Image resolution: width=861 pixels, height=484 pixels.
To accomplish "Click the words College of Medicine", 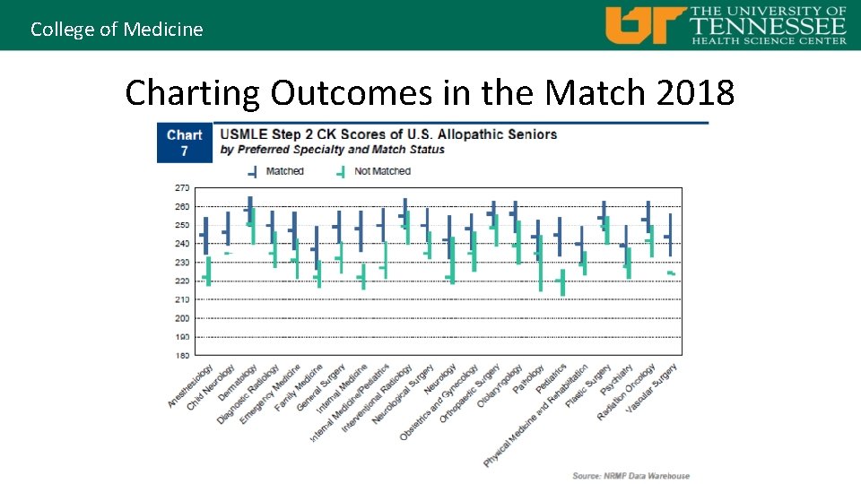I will (x=117, y=29).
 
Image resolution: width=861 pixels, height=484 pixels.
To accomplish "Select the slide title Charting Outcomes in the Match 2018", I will (x=430, y=92).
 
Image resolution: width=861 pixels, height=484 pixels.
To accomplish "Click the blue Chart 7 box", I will (x=184, y=143).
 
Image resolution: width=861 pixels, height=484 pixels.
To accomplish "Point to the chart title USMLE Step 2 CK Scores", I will (x=388, y=134).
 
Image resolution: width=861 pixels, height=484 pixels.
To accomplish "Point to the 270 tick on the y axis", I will (x=182, y=188).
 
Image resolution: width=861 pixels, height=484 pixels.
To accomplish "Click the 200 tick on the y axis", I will (x=182, y=318).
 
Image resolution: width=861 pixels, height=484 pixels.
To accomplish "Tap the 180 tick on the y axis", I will (x=182, y=356).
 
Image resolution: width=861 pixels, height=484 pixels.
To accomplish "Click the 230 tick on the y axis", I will (x=182, y=263).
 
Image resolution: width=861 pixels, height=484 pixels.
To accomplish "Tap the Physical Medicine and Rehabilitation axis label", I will (x=535, y=416).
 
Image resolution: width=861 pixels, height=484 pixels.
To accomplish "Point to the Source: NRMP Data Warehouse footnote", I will (x=631, y=476).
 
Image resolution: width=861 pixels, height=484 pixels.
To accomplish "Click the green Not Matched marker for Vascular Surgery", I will (x=671, y=273).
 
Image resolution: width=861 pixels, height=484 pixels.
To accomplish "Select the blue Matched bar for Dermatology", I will (x=250, y=210).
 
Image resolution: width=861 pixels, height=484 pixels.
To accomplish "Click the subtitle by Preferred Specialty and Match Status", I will (x=332, y=150).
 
